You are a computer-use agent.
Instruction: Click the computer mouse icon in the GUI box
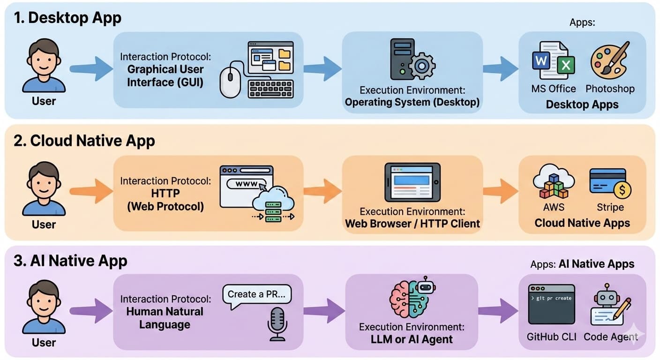coord(230,81)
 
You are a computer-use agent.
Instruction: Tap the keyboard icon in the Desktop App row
coord(270,88)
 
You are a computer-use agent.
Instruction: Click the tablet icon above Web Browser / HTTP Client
coord(412,182)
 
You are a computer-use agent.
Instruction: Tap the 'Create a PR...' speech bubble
coord(257,295)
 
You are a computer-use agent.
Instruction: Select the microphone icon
coord(277,323)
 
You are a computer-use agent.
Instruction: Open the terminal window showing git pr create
coord(551,304)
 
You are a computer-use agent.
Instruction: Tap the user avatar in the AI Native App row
coord(44,307)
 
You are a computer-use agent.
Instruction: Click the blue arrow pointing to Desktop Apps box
coord(500,69)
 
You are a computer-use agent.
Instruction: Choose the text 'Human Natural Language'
coord(165,318)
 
